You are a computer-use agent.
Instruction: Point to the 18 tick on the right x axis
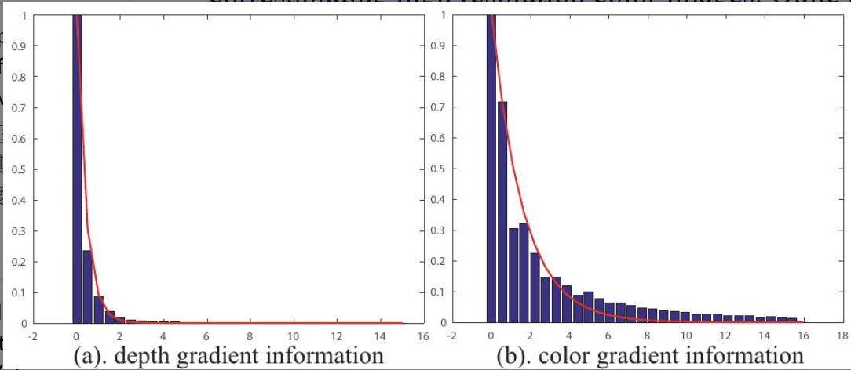coord(841,335)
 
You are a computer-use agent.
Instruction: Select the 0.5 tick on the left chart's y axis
coord(21,169)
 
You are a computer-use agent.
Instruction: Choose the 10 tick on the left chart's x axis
coord(293,335)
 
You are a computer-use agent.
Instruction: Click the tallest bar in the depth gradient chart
coord(77,169)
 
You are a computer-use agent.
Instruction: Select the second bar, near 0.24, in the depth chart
coord(88,286)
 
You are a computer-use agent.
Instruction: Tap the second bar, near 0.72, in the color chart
coord(502,212)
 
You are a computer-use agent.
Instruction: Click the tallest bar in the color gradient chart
coord(491,169)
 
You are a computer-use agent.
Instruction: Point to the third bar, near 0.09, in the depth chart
coord(99,309)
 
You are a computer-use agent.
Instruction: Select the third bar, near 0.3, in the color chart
coord(513,275)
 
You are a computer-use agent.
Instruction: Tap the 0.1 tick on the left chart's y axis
coord(21,292)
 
